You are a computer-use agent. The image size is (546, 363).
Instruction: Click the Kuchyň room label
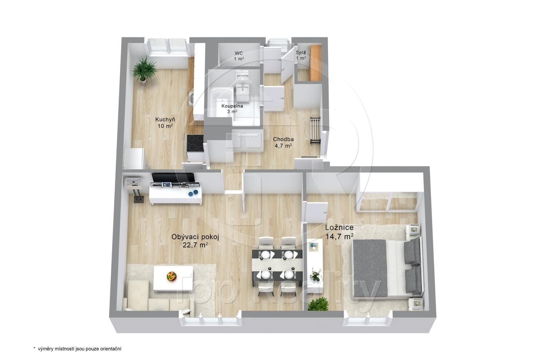pyautogui.click(x=165, y=123)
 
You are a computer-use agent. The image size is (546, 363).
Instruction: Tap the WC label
pyautogui.click(x=239, y=56)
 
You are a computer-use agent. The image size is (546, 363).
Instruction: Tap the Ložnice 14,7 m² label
pyautogui.click(x=339, y=232)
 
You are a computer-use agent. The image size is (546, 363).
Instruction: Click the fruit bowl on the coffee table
pyautogui.click(x=171, y=276)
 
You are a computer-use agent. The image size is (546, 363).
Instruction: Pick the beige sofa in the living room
pyautogui.click(x=157, y=296)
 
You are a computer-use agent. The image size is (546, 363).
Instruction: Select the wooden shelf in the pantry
pyautogui.click(x=316, y=62)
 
